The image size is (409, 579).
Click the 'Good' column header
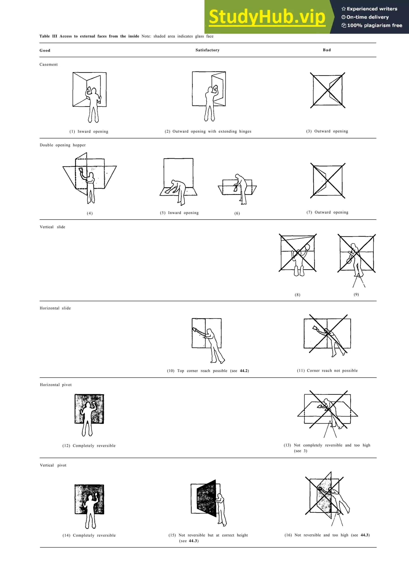click(x=45, y=50)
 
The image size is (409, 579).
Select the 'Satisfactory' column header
click(x=207, y=50)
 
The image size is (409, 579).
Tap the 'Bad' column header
click(x=327, y=50)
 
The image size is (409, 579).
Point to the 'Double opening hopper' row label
click(x=63, y=145)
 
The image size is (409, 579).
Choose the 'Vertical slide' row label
click(x=52, y=227)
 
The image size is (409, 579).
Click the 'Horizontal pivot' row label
click(x=56, y=385)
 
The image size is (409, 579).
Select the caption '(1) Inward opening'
click(x=89, y=131)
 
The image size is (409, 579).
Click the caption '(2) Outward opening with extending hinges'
click(x=208, y=131)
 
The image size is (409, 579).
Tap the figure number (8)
click(x=298, y=295)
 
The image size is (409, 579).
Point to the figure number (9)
click(x=356, y=294)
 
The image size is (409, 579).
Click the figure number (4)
click(x=90, y=213)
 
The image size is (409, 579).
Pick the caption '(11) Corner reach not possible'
click(x=327, y=370)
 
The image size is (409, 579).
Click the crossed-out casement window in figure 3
click(x=328, y=91)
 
